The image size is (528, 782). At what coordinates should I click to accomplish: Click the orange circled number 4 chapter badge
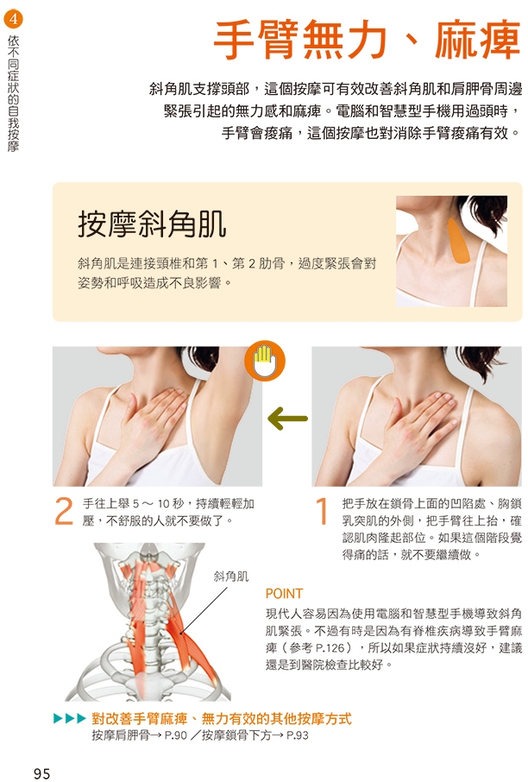click(13, 20)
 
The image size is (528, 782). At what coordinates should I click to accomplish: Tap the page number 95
click(42, 773)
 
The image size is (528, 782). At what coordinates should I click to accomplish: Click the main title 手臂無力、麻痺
click(367, 40)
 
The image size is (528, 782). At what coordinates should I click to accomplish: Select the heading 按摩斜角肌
click(152, 224)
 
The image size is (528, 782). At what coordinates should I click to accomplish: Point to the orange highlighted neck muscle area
click(458, 241)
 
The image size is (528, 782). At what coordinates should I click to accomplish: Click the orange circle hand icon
click(265, 361)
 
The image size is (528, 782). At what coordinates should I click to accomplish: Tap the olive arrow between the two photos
click(287, 418)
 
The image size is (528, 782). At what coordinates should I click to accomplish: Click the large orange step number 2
click(64, 511)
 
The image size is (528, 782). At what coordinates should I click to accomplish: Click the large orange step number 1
click(322, 511)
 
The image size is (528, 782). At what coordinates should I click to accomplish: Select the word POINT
click(284, 594)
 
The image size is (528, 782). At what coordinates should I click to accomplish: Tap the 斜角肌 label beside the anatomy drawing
click(231, 577)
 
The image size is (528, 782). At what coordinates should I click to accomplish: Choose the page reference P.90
click(176, 735)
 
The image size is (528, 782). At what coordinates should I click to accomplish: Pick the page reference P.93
click(298, 735)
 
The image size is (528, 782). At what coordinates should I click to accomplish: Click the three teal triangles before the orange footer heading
click(70, 719)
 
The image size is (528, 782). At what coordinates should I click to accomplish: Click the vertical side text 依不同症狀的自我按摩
click(14, 92)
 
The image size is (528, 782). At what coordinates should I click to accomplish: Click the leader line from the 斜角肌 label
click(204, 610)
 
